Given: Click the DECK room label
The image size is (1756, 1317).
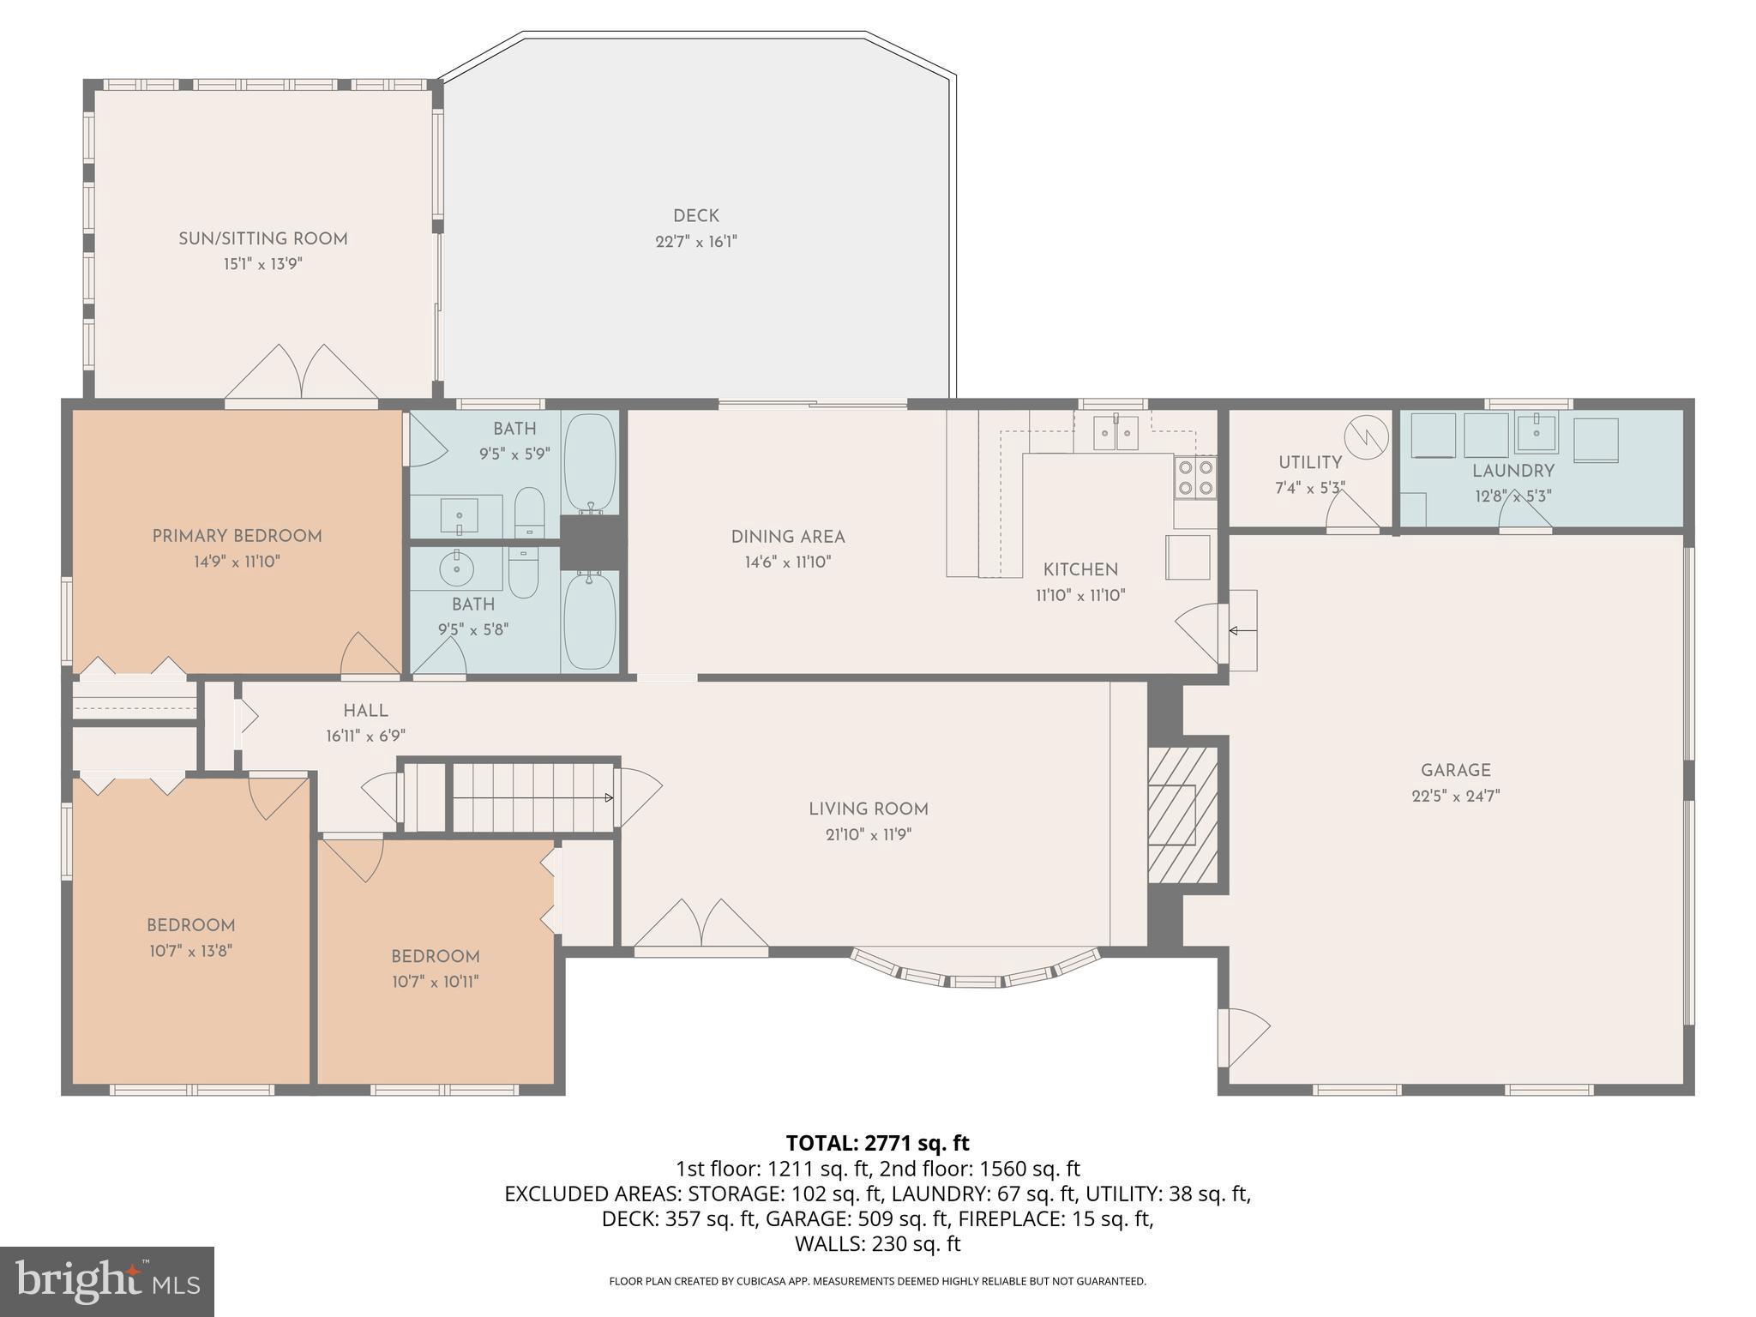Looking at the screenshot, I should click(x=695, y=216).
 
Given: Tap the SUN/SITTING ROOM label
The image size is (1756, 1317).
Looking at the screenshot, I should click(x=263, y=238).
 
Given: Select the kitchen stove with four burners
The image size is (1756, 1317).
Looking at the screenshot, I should click(x=1195, y=478).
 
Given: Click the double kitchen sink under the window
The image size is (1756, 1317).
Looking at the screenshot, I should click(x=1116, y=433).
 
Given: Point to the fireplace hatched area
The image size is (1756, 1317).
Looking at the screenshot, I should click(x=1182, y=815).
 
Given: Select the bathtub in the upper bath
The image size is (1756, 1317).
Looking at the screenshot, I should click(x=590, y=463).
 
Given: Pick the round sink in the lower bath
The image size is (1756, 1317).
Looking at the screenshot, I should click(x=456, y=568).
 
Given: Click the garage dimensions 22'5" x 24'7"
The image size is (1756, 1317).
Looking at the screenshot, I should click(x=1455, y=796).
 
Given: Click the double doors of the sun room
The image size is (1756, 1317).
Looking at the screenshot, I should click(x=301, y=373).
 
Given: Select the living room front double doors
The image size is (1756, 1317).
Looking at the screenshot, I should click(x=701, y=926).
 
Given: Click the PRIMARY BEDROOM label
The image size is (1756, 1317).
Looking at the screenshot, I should click(x=238, y=536).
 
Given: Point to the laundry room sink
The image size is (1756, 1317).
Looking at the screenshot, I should click(x=1536, y=433).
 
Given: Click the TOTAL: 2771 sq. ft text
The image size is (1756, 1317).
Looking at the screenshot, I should click(x=877, y=1143).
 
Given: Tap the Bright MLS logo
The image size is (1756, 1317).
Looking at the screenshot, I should click(x=107, y=1281).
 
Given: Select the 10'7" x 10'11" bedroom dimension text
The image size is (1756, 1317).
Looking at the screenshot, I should click(x=435, y=982).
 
